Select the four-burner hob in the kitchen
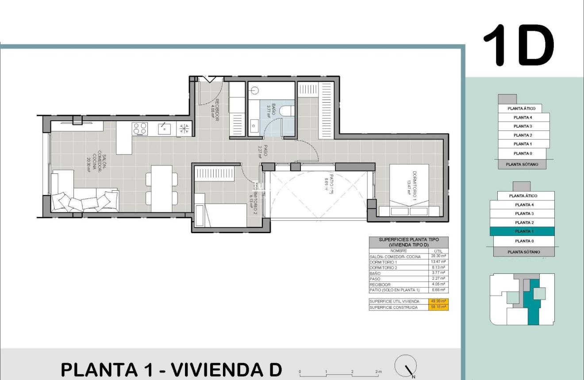[140, 128]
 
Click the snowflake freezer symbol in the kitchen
[184, 129]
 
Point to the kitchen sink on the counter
[165, 128]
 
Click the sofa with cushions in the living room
[84, 199]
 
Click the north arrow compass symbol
[405, 366]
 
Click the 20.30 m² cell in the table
[438, 256]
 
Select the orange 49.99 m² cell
[438, 301]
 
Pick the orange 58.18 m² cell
[438, 307]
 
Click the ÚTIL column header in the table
[438, 251]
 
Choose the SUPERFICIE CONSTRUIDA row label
[394, 307]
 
